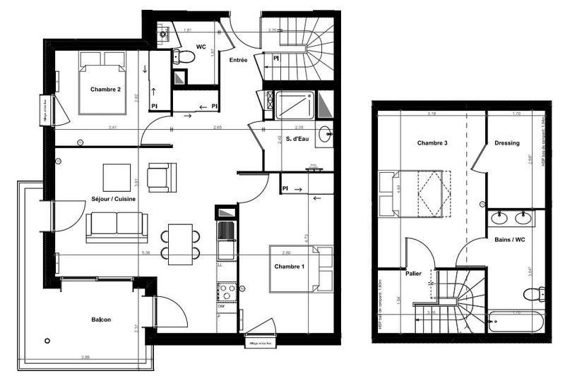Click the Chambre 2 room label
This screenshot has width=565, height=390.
tap(105, 90)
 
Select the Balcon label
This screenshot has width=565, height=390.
tap(101, 320)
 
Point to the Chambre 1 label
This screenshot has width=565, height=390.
tap(289, 266)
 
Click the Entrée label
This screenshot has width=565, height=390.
tap(238, 61)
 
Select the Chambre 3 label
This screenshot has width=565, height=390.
tap(432, 143)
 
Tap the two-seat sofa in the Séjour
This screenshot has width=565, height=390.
tap(117, 225)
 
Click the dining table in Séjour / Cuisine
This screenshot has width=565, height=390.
tap(180, 241)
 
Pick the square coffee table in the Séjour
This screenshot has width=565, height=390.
tap(117, 176)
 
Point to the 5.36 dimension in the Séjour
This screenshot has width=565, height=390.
tap(145, 252)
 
